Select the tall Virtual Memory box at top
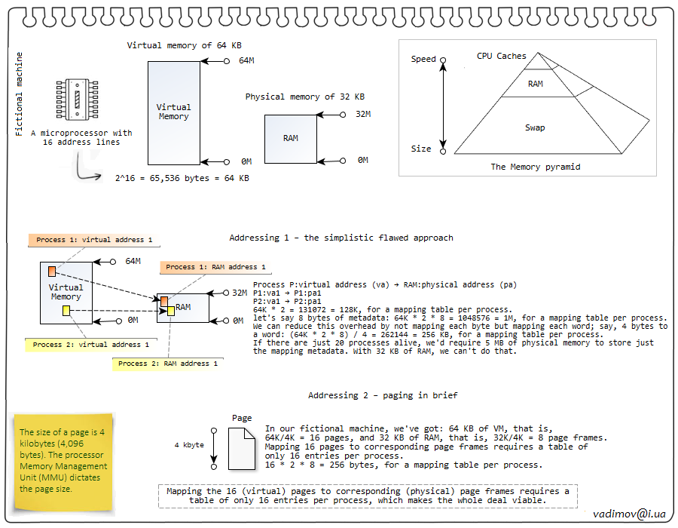coord(174,112)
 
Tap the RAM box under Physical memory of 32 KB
coord(291,139)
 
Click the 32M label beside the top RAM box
coord(363,115)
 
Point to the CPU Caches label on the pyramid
coord(501,57)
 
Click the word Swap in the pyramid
coord(535,128)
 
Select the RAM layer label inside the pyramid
coord(535,84)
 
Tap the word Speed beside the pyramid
coord(423,60)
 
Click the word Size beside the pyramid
coord(421,149)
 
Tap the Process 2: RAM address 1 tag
coord(168,364)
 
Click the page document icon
coord(242,444)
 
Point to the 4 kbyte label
coord(189,445)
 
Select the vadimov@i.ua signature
coord(630,513)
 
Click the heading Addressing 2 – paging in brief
coord(383,396)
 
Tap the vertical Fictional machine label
coord(20,94)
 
